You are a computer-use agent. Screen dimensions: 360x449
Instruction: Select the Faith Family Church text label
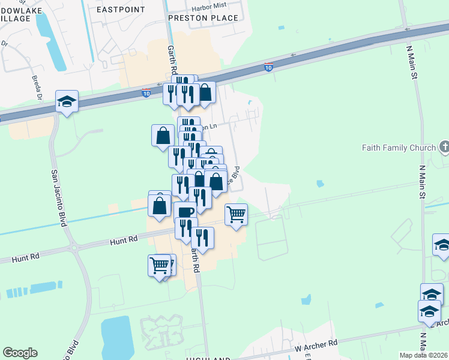click(x=399, y=148)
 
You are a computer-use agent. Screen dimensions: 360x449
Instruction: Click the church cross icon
click(x=444, y=146)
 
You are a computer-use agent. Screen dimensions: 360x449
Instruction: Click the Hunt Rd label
click(x=124, y=240)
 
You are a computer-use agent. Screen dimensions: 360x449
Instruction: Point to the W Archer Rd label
click(x=316, y=346)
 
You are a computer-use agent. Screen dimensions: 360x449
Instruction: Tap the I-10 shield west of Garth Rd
click(x=146, y=93)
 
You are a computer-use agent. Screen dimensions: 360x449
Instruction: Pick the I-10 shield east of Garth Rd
click(x=268, y=67)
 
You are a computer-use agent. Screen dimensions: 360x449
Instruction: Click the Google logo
click(x=20, y=353)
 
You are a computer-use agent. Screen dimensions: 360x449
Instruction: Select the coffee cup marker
click(x=185, y=212)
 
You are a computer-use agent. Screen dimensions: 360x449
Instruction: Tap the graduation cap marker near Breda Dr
click(x=67, y=101)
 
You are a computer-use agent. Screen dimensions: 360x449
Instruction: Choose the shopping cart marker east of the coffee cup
click(x=237, y=214)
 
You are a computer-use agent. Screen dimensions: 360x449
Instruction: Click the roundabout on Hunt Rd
click(x=74, y=247)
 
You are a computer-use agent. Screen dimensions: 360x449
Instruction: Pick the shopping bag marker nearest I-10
click(x=205, y=92)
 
